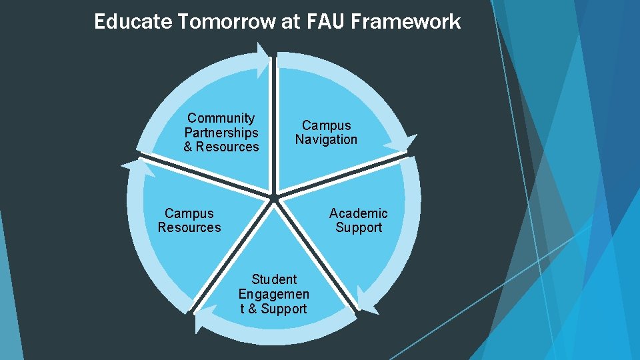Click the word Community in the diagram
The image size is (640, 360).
[221, 118]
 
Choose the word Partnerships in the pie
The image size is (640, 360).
[221, 132]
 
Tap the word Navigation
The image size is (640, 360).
[327, 139]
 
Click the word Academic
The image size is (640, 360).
[358, 213]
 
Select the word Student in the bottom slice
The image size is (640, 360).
[274, 279]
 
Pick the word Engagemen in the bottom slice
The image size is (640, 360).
[274, 293]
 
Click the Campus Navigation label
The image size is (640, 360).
[327, 132]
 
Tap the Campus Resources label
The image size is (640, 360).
[189, 220]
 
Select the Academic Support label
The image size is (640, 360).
[358, 220]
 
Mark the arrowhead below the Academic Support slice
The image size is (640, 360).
[363, 297]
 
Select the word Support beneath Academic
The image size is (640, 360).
[359, 227]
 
